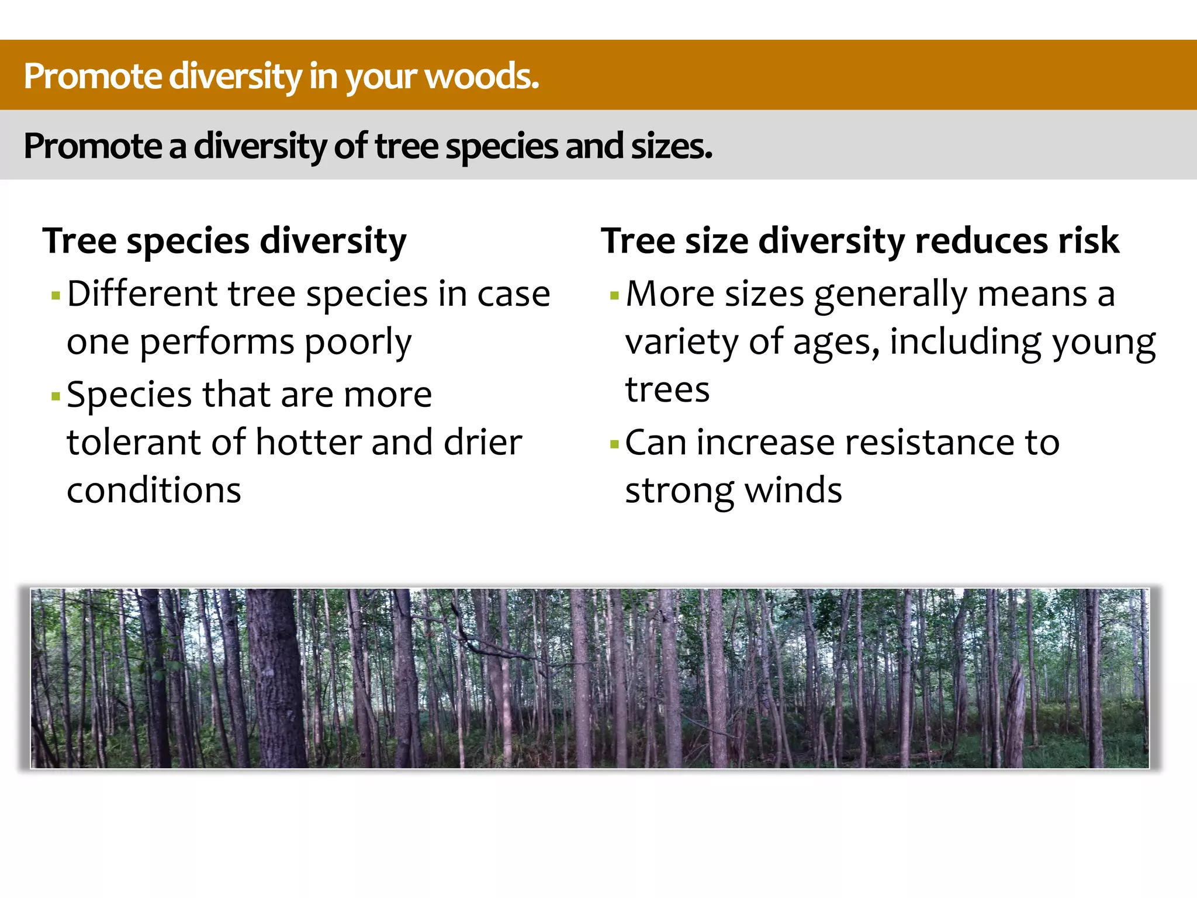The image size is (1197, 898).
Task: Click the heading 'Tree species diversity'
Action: click(224, 241)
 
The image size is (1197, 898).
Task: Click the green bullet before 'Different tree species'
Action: click(56, 296)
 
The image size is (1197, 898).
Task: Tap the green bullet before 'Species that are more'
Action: click(56, 397)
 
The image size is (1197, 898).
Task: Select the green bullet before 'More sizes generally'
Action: click(614, 296)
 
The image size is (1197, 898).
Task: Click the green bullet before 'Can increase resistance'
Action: click(614, 444)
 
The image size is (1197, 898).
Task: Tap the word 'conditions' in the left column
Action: click(154, 491)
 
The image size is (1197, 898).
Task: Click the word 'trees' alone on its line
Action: click(667, 391)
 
